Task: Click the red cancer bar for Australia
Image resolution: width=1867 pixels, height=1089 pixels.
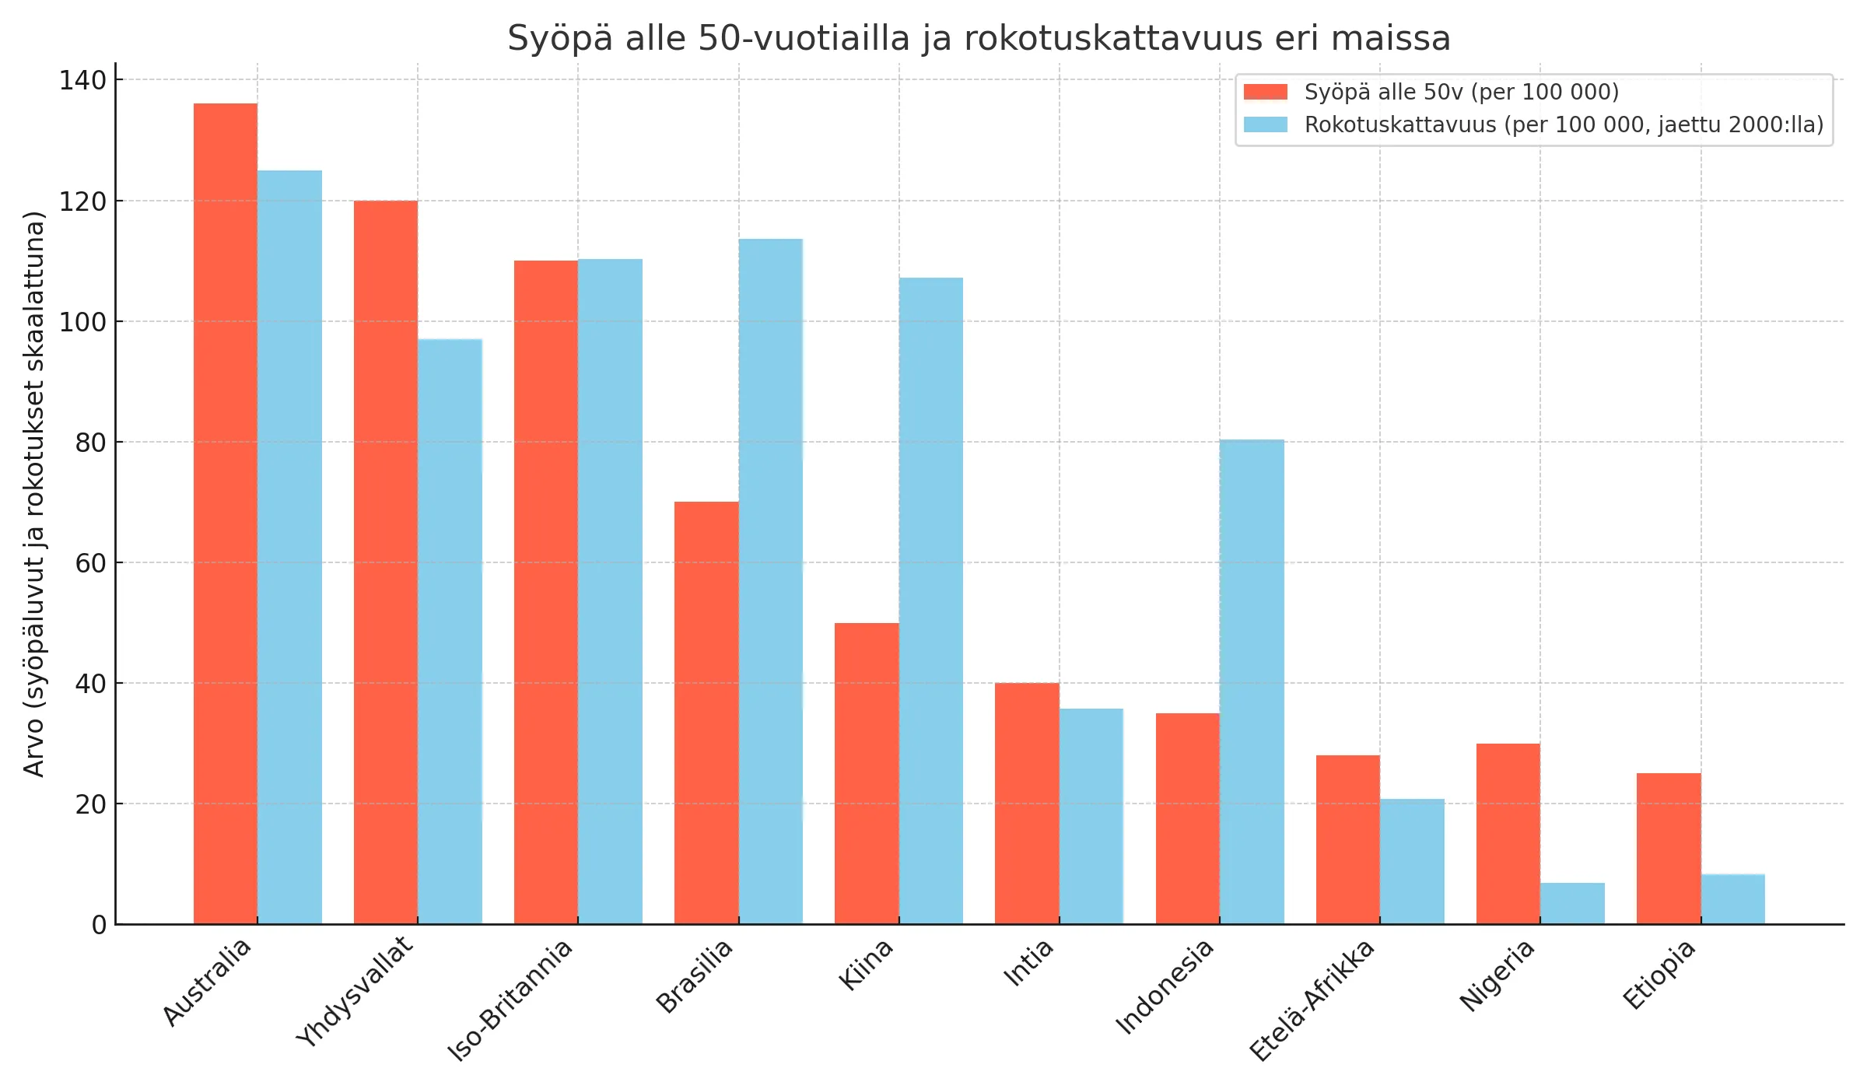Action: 226,513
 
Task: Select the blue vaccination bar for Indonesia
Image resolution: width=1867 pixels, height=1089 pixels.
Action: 1252,681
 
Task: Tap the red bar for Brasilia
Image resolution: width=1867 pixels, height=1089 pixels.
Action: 706,713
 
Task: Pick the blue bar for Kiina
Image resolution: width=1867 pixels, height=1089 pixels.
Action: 931,601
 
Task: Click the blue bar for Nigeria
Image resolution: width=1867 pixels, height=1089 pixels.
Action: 1572,903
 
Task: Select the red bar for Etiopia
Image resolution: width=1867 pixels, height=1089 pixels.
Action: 1669,848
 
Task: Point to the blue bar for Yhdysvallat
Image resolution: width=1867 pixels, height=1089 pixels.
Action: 450,631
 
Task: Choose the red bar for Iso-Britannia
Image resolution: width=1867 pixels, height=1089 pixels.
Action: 546,592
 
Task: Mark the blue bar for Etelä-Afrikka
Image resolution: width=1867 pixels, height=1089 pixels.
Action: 1412,861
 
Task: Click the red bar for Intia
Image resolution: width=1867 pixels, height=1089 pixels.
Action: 1027,803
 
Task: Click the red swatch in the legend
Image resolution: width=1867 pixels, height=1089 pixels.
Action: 1266,92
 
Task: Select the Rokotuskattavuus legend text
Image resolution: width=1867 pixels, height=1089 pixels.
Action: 1564,124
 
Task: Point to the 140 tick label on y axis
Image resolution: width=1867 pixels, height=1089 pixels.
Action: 82,79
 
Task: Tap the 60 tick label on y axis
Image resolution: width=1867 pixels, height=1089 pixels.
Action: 90,562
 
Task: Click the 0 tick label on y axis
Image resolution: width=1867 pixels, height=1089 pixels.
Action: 99,925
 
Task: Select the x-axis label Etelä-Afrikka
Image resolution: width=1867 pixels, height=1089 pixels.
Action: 1312,1000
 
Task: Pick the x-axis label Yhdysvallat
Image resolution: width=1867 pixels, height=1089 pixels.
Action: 355,991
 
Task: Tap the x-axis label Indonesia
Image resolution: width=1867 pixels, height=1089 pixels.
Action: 1165,986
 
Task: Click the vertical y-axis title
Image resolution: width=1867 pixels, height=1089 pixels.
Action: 34,494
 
